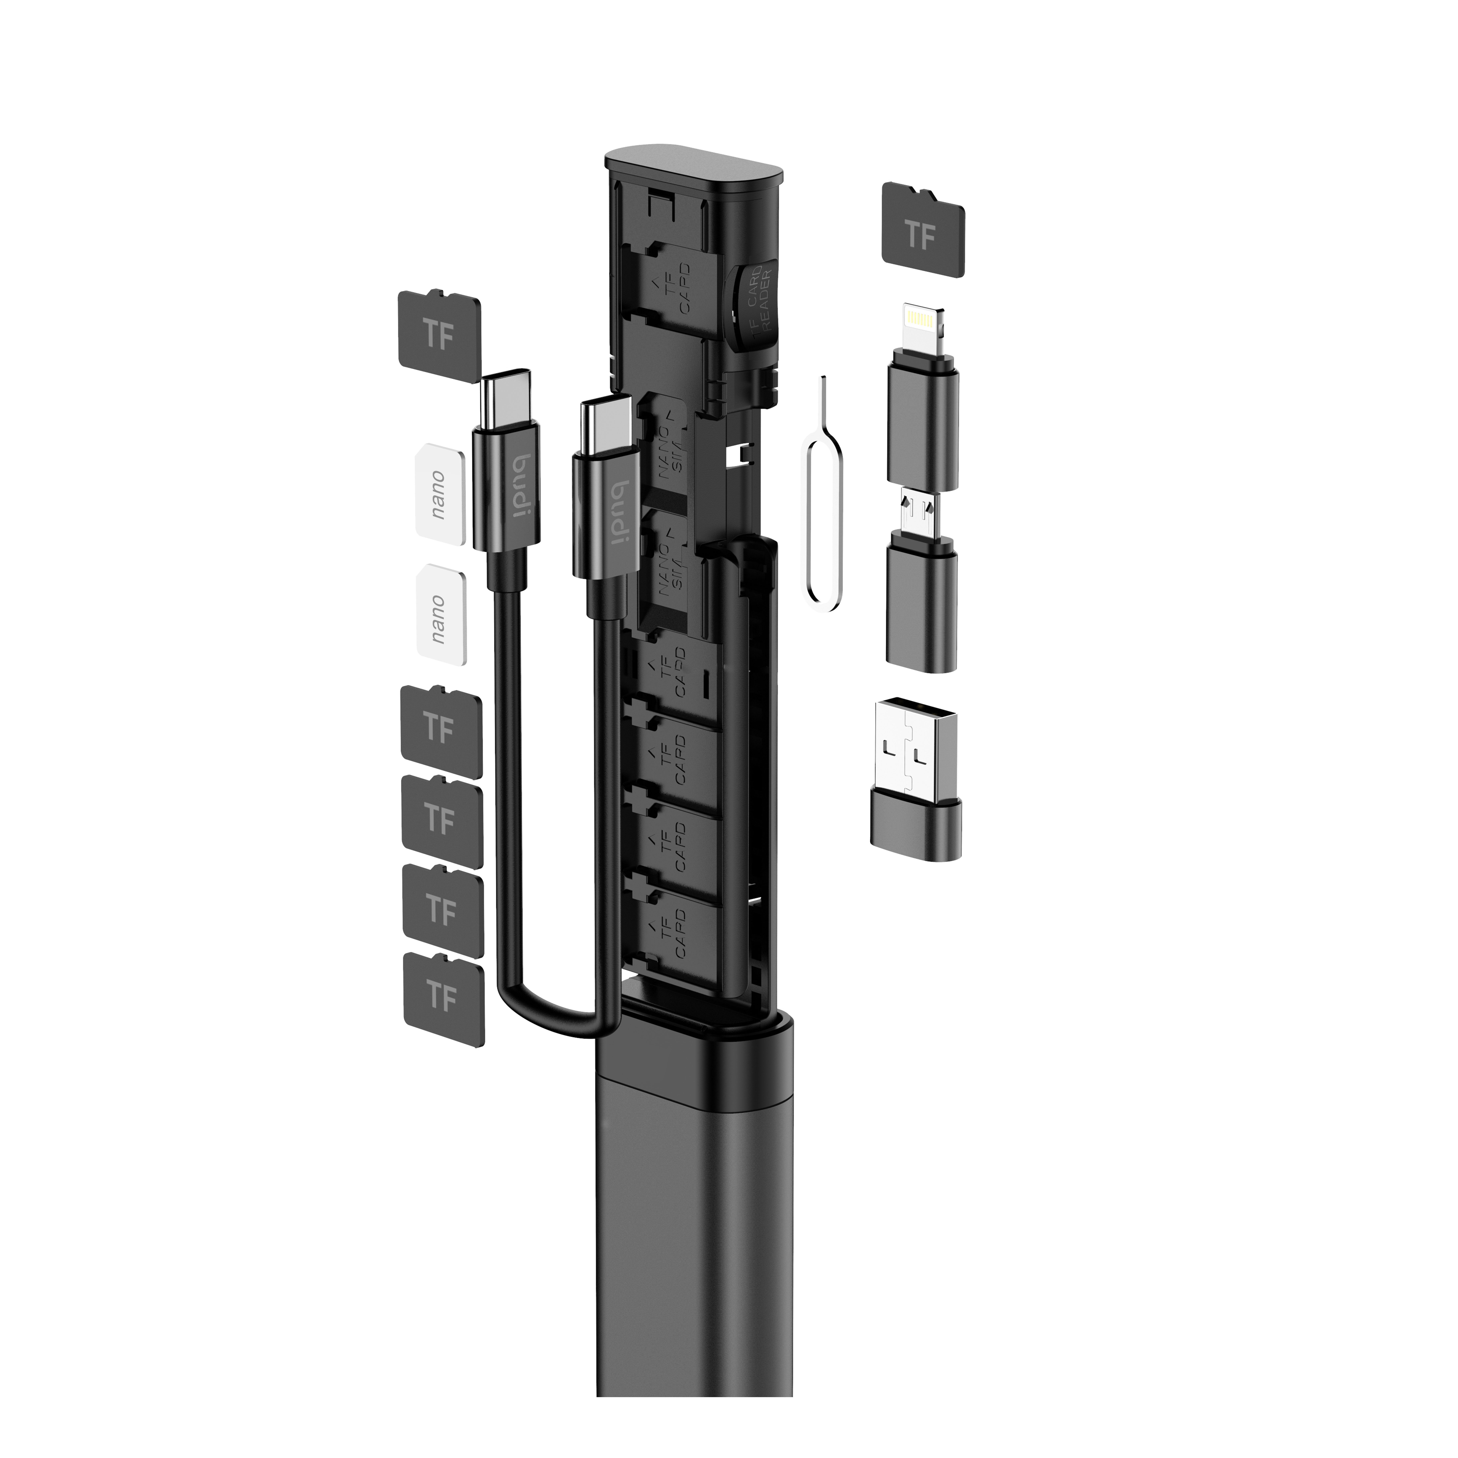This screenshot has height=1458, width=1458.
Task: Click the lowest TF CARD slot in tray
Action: tap(672, 932)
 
